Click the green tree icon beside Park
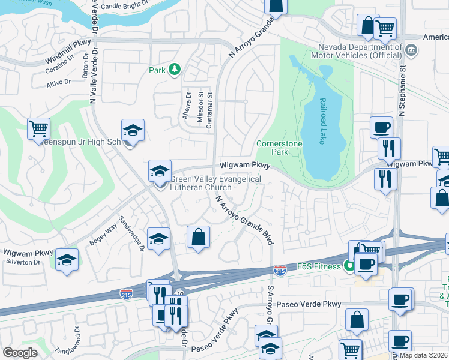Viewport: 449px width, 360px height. pos(174,70)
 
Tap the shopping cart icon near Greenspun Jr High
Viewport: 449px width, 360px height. pos(38,128)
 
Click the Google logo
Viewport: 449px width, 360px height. pos(20,353)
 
